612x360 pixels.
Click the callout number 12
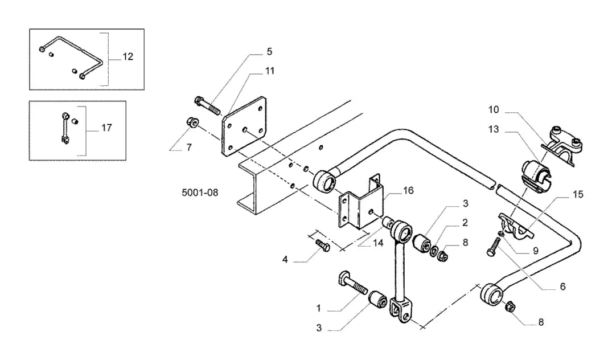(x=128, y=56)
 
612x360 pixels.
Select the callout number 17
(x=106, y=128)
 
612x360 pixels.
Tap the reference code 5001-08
(x=200, y=193)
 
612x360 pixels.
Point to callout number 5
(x=269, y=51)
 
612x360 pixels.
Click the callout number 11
(x=270, y=71)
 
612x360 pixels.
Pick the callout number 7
(x=190, y=148)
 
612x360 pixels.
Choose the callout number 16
(x=408, y=191)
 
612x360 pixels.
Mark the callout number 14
(x=378, y=243)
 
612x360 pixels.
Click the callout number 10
(x=494, y=110)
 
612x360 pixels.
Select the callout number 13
(x=494, y=129)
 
